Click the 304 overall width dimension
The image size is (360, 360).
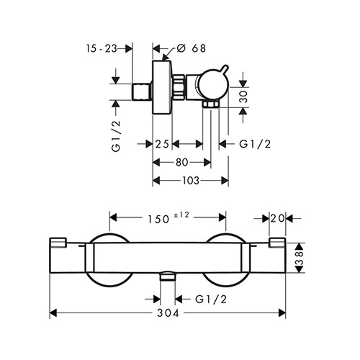click(x=168, y=312)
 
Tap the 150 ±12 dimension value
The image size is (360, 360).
click(x=168, y=218)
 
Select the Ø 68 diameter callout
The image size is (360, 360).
click(x=192, y=48)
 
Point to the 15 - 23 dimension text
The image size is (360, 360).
click(x=102, y=49)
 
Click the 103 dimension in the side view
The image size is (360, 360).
click(x=191, y=181)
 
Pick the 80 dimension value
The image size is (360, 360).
click(x=182, y=163)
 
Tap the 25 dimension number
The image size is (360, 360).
click(x=162, y=144)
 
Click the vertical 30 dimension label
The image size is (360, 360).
click(x=243, y=96)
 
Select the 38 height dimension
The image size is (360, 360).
click(x=300, y=258)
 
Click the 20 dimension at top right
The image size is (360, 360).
click(x=277, y=218)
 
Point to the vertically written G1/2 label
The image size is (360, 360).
click(x=116, y=136)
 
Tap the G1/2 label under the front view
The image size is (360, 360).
click(x=211, y=300)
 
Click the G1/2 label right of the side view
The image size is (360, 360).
click(x=255, y=144)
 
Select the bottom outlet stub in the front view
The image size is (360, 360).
click(x=168, y=276)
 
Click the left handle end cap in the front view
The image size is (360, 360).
click(x=58, y=242)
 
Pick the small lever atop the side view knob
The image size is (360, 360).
click(x=225, y=68)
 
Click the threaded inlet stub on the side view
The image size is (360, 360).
click(x=142, y=91)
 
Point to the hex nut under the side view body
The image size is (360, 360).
click(x=211, y=104)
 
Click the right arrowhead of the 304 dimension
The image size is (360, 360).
click(x=282, y=312)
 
